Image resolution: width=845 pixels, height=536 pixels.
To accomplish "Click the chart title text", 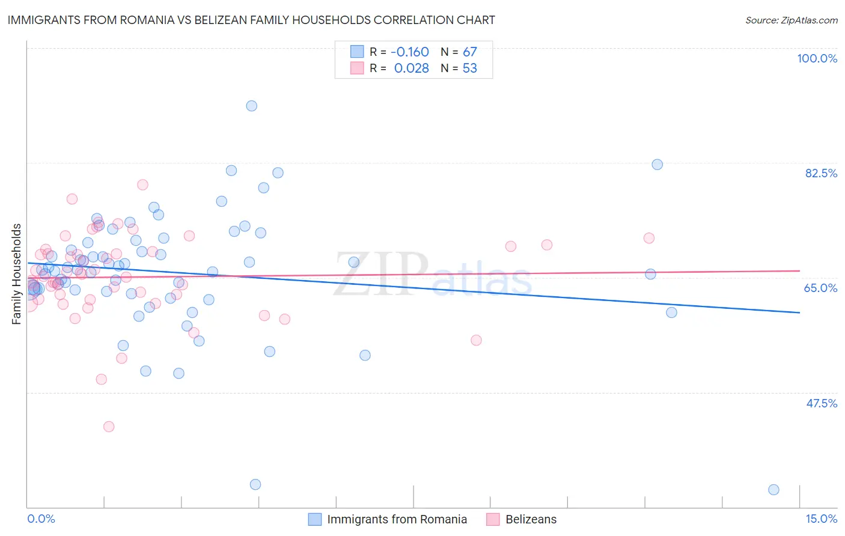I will pos(251,20).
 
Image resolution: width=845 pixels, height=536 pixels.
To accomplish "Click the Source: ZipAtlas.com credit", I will pos(791,20).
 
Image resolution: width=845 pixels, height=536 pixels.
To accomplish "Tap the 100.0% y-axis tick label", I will pos(817,58).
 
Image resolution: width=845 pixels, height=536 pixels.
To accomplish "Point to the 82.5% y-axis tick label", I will pos(821,173).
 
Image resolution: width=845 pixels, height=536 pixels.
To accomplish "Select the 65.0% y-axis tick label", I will pos(820,288).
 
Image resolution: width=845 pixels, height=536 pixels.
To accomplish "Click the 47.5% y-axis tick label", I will pos(821,403).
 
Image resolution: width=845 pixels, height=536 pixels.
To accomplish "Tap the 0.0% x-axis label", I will pos(41,519).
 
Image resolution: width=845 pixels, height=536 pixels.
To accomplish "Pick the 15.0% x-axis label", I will pos(821,519).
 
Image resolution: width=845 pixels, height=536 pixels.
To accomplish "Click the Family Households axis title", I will pos(17,274).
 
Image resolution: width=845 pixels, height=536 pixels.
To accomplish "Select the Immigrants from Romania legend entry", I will pos(397,519).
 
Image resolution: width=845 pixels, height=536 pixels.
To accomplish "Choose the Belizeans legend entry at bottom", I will pos(531,519).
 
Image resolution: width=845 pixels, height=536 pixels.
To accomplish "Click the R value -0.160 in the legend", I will pos(411,52).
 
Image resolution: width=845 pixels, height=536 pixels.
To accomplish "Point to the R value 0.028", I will pos(411,69).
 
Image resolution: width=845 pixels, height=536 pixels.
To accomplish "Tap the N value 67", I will pos(469,52).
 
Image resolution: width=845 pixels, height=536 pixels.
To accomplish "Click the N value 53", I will pos(469,69).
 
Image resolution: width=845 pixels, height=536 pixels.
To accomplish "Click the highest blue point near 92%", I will pos(252,106).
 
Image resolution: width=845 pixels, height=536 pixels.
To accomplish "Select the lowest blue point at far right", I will pos(773,490).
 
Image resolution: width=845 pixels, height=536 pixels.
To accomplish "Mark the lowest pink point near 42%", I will pos(109,427).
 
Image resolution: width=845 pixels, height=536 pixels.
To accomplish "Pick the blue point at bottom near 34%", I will pos(255,484).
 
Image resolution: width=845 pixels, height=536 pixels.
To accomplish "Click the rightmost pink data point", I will pos(649,238).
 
